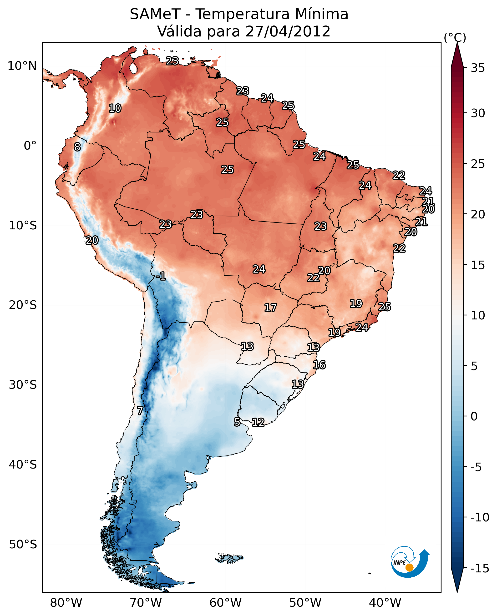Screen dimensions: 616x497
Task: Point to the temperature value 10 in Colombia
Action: pos(115,108)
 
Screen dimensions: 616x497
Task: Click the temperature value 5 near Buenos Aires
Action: pos(237,422)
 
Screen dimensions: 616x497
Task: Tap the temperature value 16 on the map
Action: pos(319,365)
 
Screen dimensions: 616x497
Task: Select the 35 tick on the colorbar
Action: pos(478,68)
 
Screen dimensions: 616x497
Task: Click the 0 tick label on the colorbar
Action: pos(474,416)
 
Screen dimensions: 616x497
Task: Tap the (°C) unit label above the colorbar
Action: pos(455,37)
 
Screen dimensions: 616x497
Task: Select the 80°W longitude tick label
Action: pos(66,603)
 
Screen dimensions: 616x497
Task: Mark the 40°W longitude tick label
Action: pos(385,603)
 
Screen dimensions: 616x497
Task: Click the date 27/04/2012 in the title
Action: pos(288,31)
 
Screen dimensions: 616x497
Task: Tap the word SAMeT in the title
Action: pos(155,14)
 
